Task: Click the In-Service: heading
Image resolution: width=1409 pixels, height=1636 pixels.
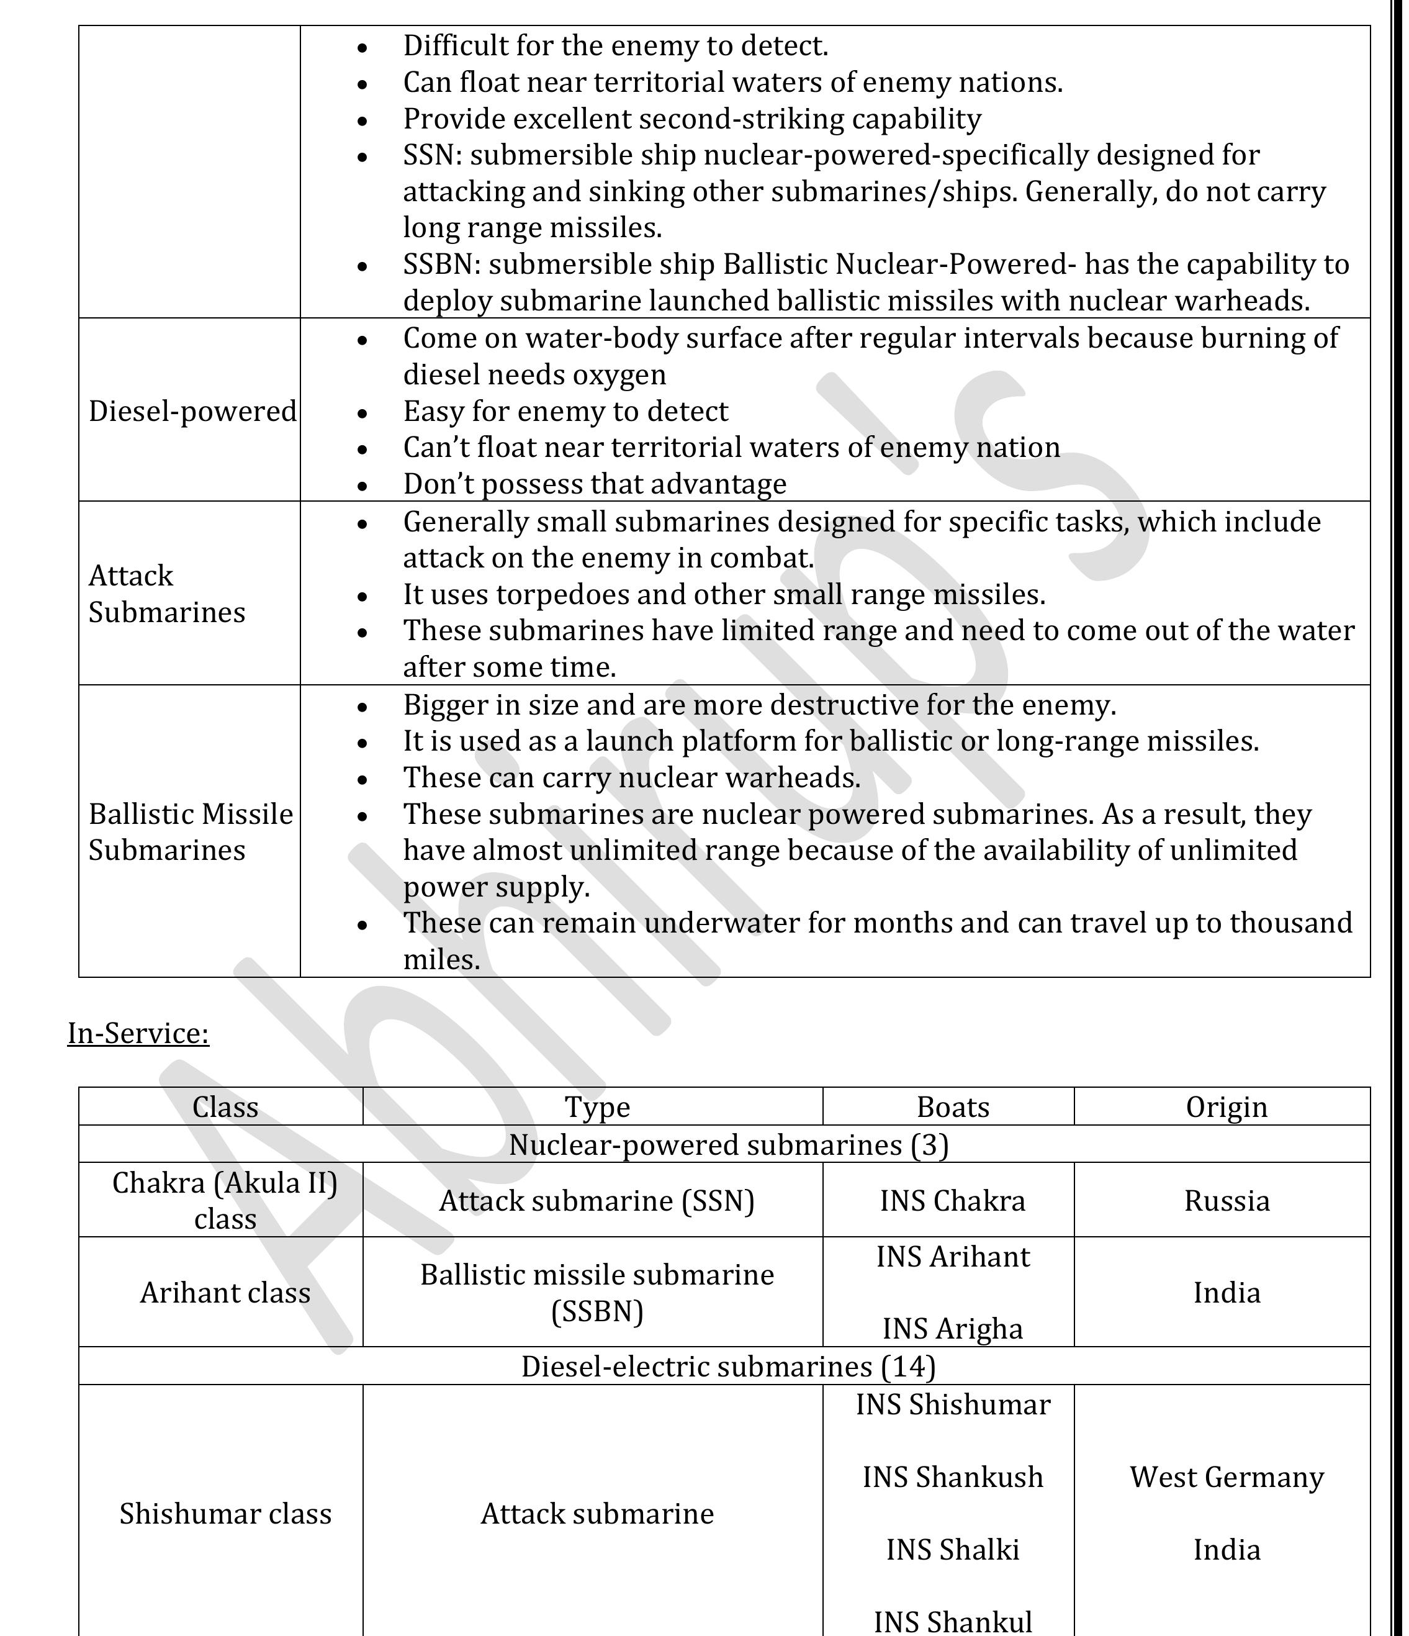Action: (x=138, y=1033)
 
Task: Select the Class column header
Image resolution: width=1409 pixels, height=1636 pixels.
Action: (x=225, y=1107)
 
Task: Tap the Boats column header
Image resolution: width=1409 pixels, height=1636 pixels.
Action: (x=952, y=1107)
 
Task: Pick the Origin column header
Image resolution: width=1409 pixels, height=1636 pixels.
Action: (x=1226, y=1107)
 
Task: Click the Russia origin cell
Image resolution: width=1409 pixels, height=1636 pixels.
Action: (x=1226, y=1200)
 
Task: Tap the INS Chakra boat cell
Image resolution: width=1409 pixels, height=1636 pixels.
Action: (x=952, y=1200)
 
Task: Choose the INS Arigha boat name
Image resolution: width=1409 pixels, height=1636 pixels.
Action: (x=952, y=1328)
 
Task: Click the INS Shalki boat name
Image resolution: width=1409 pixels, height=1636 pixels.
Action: (x=952, y=1549)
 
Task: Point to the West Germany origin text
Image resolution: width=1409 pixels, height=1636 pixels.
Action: (x=1226, y=1476)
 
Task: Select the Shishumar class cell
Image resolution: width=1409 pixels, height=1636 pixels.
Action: (x=225, y=1513)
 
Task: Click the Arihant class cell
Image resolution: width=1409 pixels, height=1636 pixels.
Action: (x=225, y=1292)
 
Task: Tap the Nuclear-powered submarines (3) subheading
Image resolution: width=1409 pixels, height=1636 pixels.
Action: (x=728, y=1144)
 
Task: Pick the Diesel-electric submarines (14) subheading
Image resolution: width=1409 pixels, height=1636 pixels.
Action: (x=728, y=1366)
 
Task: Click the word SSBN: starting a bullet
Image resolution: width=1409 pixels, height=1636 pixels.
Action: (x=441, y=264)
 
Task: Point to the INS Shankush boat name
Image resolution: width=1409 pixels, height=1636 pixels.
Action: (x=952, y=1476)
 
